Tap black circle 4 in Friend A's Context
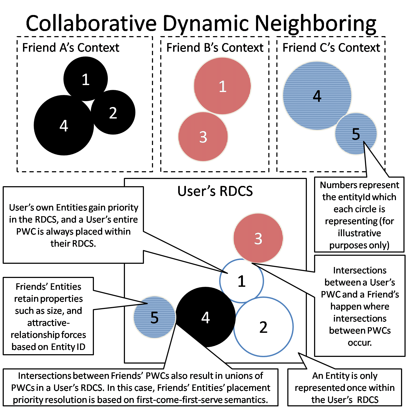64,125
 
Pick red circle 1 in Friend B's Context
222,86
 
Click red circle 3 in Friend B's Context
203,137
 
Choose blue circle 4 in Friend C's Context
317,96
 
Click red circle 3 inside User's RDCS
258,238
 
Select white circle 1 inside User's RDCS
242,281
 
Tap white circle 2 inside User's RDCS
264,327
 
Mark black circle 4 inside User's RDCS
205,317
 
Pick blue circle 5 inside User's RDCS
154,317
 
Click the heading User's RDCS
215,191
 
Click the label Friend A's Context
71,48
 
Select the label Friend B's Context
215,48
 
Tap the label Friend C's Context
331,48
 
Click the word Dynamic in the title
206,24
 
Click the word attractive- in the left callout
48,323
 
